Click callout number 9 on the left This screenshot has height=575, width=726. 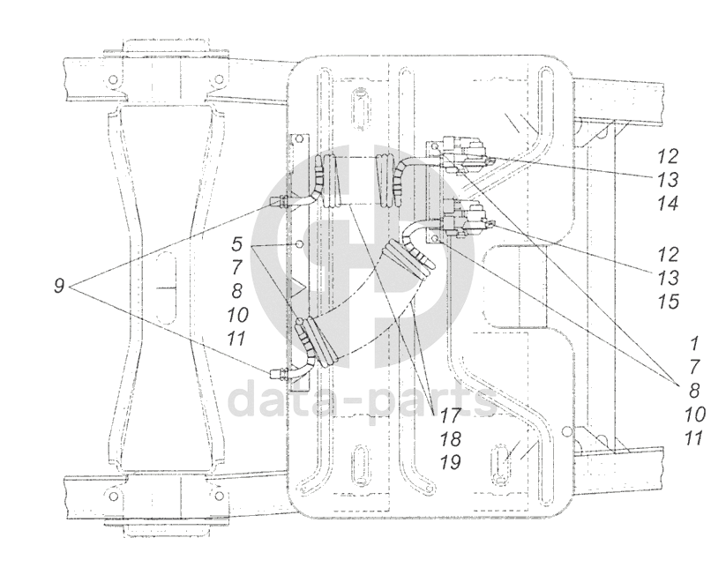click(58, 287)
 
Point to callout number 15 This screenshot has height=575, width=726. click(667, 301)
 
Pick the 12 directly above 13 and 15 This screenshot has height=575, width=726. click(667, 255)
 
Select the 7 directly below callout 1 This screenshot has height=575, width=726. click(695, 367)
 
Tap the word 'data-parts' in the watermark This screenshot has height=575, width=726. click(362, 400)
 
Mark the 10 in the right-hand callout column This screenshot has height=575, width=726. click(695, 413)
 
